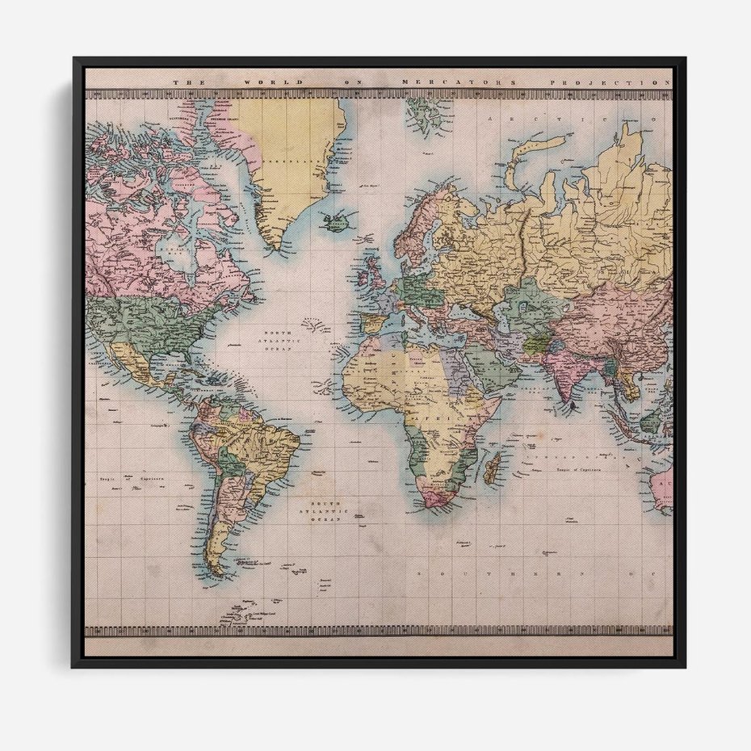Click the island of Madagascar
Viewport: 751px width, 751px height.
pyautogui.click(x=492, y=467)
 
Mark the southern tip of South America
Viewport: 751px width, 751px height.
pyautogui.click(x=216, y=571)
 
